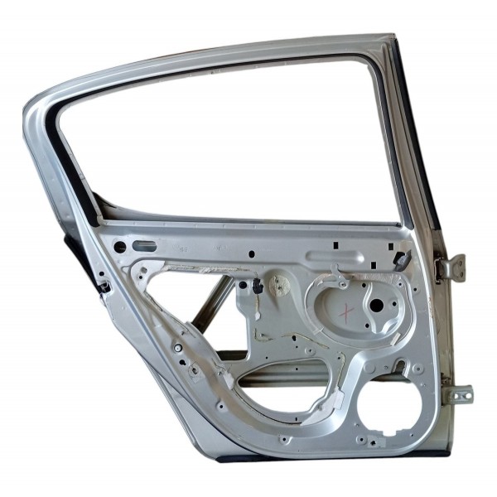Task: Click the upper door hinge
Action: coord(451,268)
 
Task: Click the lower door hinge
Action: coord(457,394)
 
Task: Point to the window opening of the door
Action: coord(232,141)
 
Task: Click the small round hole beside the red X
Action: coord(375,305)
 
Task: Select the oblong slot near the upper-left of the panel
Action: coord(144,246)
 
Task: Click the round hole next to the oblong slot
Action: coord(120,247)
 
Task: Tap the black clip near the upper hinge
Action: coord(403,261)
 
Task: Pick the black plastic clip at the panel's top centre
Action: coord(258,286)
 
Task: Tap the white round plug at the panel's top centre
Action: coord(280,286)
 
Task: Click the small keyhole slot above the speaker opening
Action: coord(400,365)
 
